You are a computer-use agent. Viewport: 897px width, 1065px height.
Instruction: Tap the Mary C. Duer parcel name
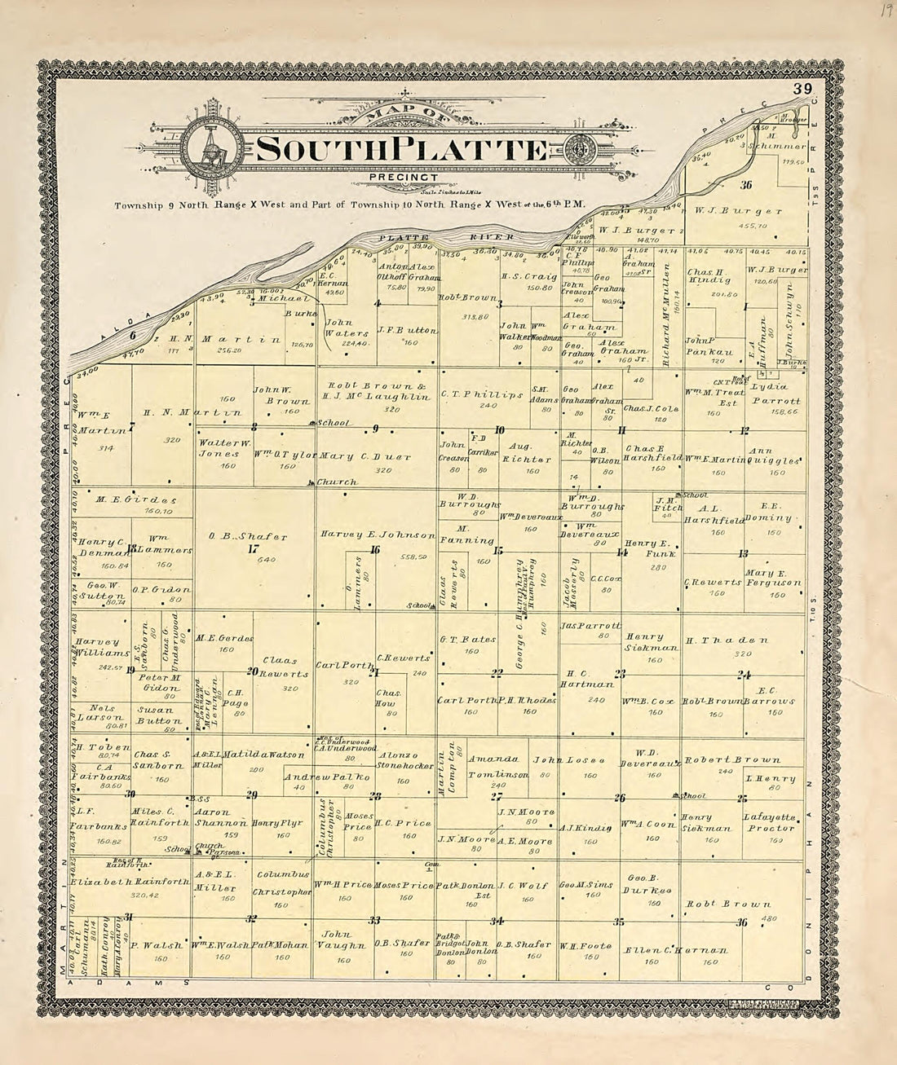click(x=365, y=456)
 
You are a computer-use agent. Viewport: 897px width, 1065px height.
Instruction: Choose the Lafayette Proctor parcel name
click(x=768, y=822)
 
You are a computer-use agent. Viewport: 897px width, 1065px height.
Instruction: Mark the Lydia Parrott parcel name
click(x=775, y=394)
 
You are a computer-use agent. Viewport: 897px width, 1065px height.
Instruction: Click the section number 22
click(x=497, y=673)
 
